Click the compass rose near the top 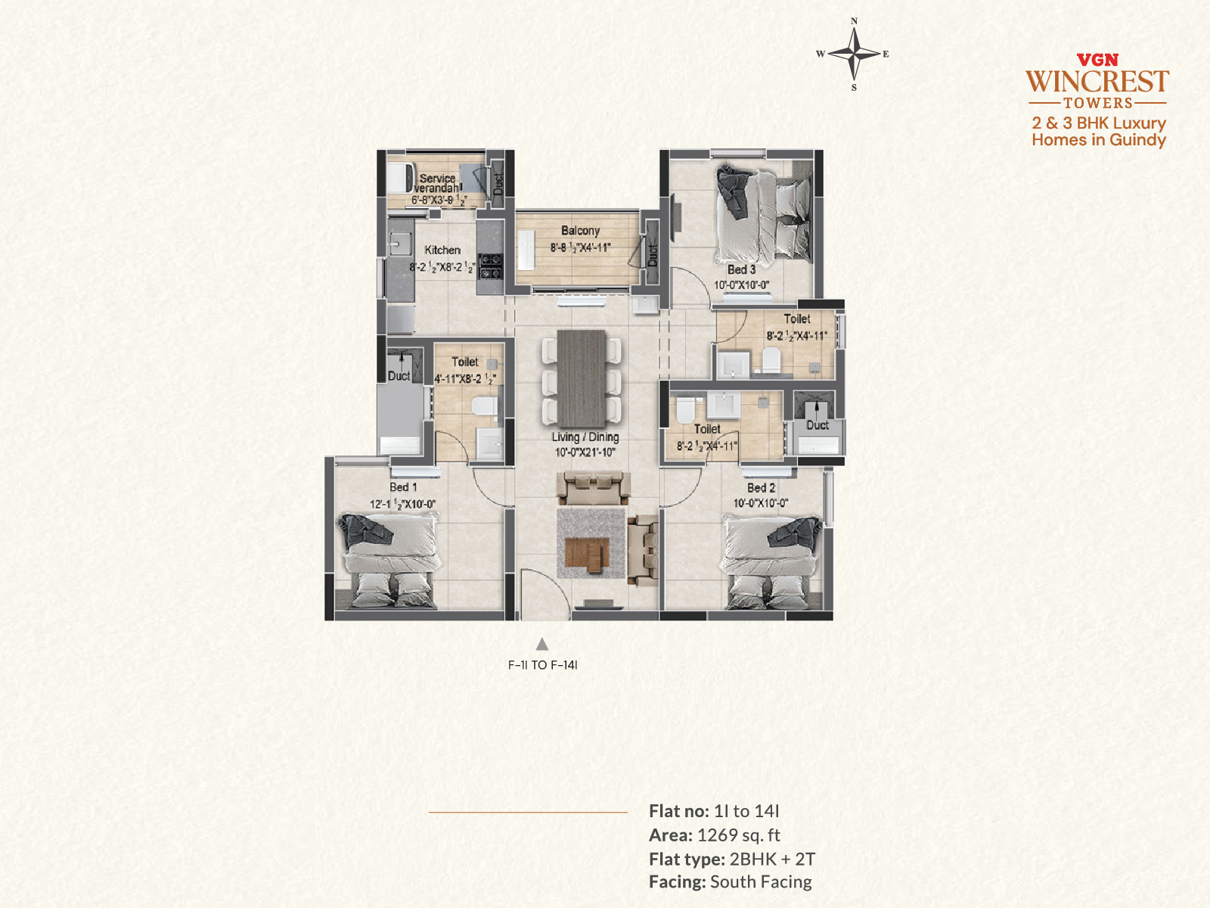pos(854,54)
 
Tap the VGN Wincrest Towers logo pos(1097,82)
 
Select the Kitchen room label pos(442,250)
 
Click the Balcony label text pos(580,231)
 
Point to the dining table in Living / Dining pos(582,378)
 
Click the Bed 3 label pos(741,269)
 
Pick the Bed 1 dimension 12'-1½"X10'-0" pos(403,504)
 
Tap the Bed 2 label pos(762,488)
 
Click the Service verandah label pos(436,183)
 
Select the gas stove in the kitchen pos(490,266)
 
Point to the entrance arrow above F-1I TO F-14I pos(542,644)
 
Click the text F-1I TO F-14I pos(542,665)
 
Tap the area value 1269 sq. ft pos(739,835)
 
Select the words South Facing pos(762,882)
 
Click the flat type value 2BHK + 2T pos(772,859)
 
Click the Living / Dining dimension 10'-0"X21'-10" pos(585,452)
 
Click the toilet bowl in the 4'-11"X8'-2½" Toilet pos(484,407)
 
